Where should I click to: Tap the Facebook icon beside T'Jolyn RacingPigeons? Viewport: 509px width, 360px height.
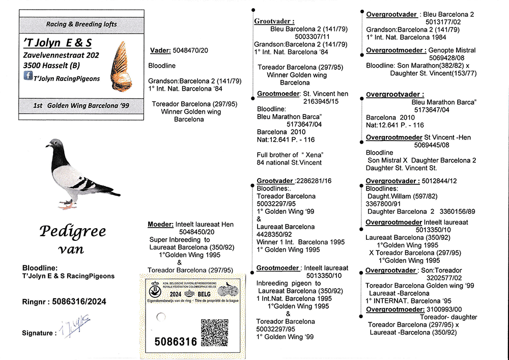tap(29, 76)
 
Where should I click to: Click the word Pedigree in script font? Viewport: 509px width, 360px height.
tap(72, 232)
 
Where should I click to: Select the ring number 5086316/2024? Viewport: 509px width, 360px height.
tap(79, 301)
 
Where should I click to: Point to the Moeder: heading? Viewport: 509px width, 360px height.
tap(160, 224)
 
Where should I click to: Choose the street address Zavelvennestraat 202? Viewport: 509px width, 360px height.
tap(61, 55)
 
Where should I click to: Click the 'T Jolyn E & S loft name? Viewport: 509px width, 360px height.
tap(58, 42)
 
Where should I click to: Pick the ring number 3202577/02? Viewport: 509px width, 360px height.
tap(443, 278)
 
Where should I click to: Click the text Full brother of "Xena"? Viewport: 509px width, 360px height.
tap(289, 155)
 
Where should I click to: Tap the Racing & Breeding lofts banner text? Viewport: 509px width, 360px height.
tap(81, 24)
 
